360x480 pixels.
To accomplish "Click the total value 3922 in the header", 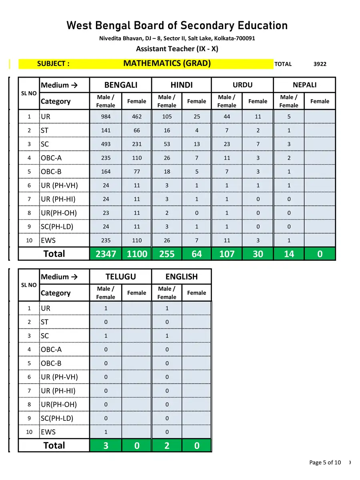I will [x=320, y=64].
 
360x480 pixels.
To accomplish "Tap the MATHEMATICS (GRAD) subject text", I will [x=167, y=63].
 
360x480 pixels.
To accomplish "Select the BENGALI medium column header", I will [x=121, y=85].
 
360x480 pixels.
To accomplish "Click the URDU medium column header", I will [x=242, y=85].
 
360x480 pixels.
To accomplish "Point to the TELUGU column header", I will [x=121, y=276].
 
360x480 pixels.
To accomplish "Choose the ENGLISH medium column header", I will [x=182, y=276].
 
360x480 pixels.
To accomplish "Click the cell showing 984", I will [x=106, y=117].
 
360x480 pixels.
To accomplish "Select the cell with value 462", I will [x=137, y=117].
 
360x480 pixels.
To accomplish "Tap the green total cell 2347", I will [x=106, y=254].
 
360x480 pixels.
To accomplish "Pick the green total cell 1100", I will [x=137, y=254].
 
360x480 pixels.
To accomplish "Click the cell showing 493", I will [x=106, y=144].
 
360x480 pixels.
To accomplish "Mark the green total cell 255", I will [x=167, y=254].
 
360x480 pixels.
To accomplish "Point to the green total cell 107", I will [x=227, y=254].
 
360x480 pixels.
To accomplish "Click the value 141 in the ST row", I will [x=106, y=130].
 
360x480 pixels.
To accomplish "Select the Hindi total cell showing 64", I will [x=197, y=254].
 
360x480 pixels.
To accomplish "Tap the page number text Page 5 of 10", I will [x=325, y=462].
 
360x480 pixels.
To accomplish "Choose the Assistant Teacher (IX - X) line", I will [x=177, y=49].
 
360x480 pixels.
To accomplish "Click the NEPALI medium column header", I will [x=304, y=85].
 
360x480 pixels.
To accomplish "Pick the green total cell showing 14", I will [x=289, y=254].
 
